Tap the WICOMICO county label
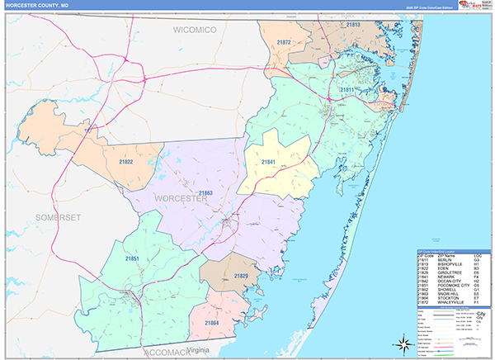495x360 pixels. tap(194, 30)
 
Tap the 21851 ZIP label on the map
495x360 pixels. tap(130, 258)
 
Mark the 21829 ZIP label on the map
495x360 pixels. tap(241, 275)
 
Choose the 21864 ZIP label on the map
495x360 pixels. tap(212, 322)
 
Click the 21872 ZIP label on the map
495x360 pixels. tap(285, 41)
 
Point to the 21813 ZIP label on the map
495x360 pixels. tap(353, 26)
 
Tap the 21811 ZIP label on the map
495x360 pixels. tap(346, 88)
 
